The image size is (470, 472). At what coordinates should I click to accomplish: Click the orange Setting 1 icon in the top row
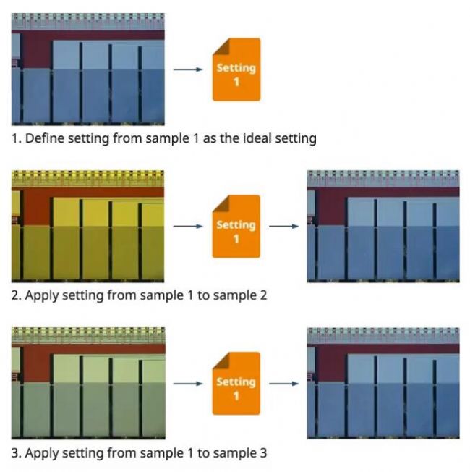coord(236,69)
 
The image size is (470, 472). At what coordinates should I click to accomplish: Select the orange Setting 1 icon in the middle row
coord(236,227)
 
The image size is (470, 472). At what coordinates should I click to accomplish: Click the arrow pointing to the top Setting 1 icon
coord(188,69)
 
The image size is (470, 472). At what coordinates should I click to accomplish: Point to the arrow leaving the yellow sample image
coord(188,227)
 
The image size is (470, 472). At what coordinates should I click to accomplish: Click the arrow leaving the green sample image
coord(188,383)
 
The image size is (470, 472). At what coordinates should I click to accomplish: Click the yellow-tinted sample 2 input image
coord(87,226)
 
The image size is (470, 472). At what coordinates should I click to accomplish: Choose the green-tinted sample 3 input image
coord(87,383)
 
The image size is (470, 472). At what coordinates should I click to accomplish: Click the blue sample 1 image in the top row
coord(87,69)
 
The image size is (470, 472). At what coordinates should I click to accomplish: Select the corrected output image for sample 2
coord(383,226)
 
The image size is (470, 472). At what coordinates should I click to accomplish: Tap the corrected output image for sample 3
coord(383,383)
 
